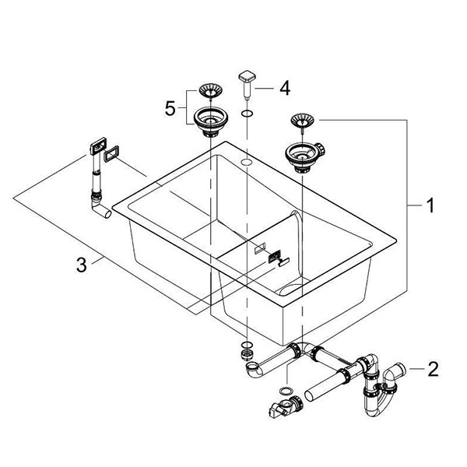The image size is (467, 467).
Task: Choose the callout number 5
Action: tap(169, 107)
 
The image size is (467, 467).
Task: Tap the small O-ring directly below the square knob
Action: tap(245, 114)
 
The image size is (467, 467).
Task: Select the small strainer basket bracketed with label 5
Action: tap(210, 89)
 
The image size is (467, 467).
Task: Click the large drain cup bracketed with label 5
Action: tap(209, 121)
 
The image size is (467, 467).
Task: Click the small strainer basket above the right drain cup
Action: tap(301, 121)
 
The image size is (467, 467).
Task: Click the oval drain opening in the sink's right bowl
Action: tap(293, 291)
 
